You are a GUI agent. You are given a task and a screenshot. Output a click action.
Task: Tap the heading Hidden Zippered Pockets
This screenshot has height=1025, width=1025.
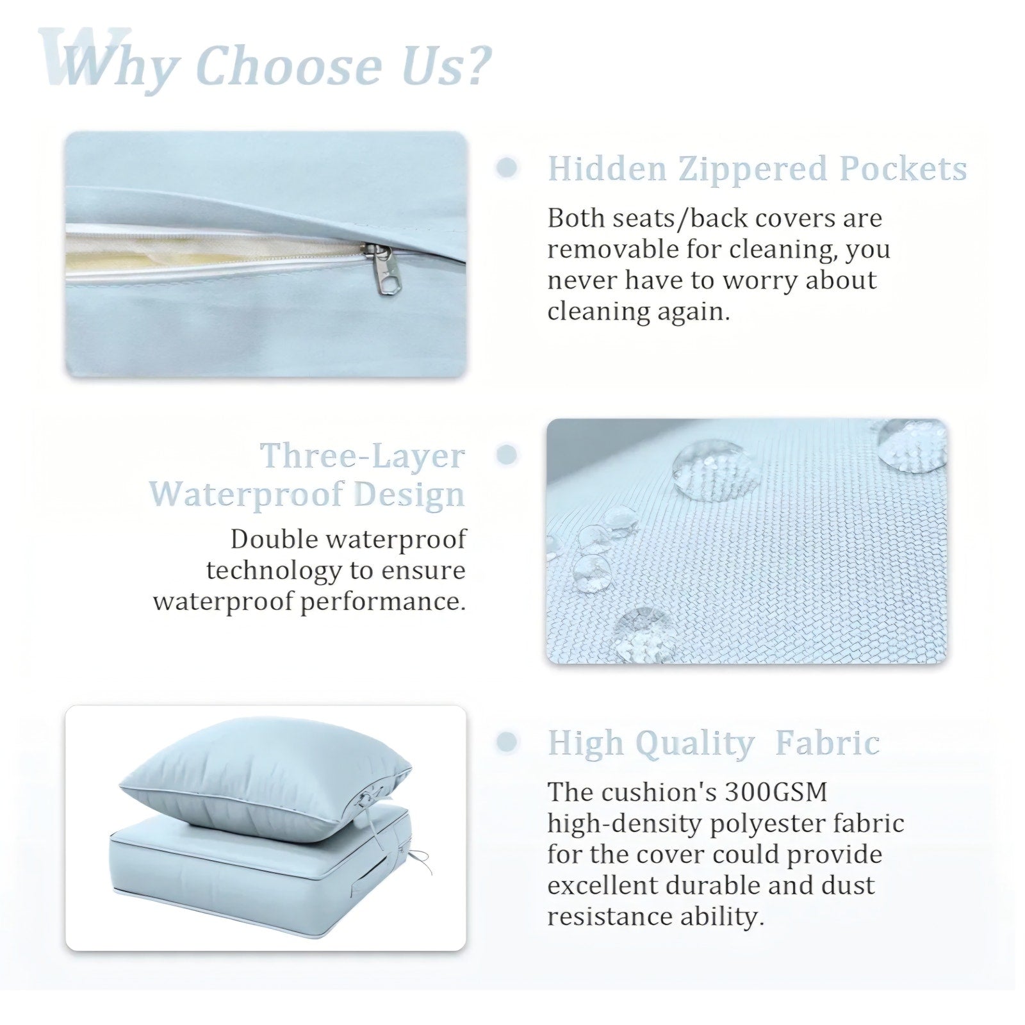757,168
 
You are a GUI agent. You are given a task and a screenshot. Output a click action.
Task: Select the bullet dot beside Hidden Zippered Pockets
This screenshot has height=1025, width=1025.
507,167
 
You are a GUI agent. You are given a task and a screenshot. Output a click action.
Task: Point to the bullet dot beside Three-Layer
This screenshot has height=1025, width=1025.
507,455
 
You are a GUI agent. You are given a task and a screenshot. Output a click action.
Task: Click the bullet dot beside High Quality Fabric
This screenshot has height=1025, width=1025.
507,742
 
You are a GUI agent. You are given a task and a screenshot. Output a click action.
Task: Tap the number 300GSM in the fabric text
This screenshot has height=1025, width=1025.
776,792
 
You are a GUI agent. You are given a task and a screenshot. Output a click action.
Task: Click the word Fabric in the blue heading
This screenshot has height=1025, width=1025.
827,743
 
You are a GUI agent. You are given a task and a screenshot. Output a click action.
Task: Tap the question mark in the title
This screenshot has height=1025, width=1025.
474,65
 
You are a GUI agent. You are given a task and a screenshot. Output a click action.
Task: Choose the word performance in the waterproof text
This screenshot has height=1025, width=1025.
382,602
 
